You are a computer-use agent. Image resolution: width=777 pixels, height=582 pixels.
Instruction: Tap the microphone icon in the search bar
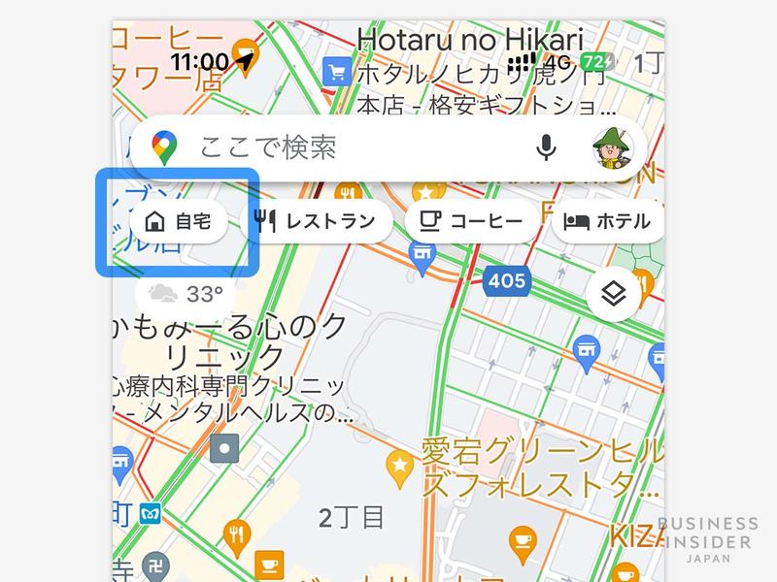coord(547,147)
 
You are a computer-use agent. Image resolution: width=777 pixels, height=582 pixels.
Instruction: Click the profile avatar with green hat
coord(612,147)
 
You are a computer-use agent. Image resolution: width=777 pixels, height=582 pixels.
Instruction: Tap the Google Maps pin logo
coord(165,148)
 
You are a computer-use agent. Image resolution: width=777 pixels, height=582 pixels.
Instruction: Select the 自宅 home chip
coord(178,221)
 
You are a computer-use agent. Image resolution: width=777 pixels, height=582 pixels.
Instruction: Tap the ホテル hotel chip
coord(607,221)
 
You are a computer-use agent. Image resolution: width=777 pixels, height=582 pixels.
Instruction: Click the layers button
coord(613,294)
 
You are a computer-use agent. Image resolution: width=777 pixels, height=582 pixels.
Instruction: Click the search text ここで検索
coord(268,147)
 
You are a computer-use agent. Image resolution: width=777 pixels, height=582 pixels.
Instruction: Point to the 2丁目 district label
coord(352,517)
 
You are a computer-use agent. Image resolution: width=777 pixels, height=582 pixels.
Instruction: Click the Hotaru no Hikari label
coord(470,41)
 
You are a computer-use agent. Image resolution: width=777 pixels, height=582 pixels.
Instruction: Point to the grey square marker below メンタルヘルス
coord(225,448)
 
